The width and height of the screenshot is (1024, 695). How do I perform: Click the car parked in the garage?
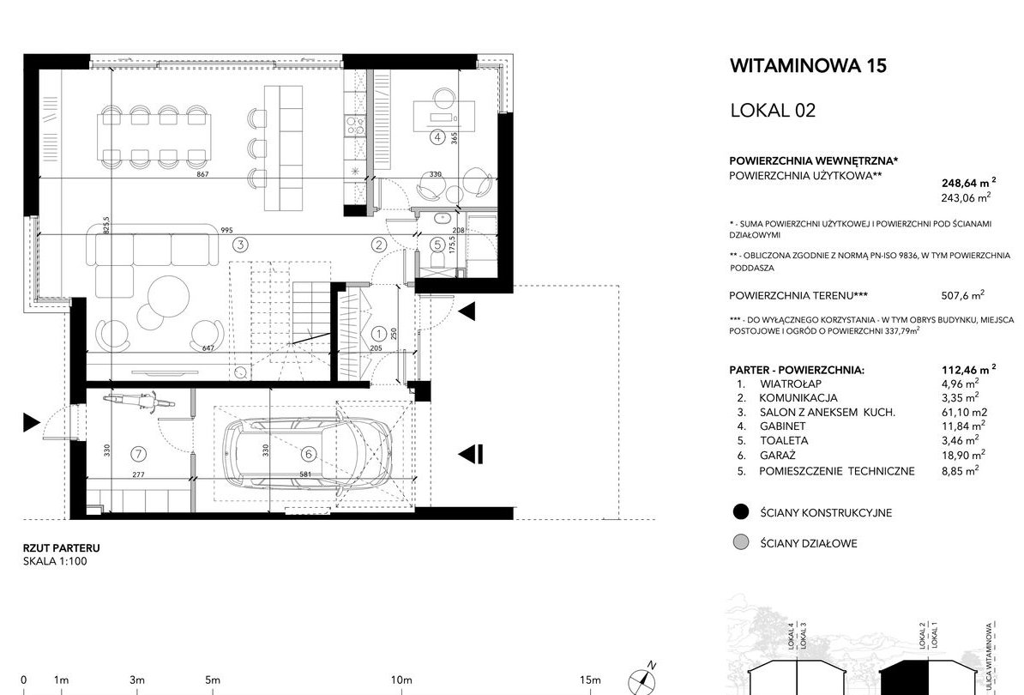308,453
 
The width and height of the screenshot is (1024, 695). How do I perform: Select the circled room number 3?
241,245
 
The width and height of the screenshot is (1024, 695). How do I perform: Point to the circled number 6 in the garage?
308,453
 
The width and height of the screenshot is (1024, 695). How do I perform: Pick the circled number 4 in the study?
437,137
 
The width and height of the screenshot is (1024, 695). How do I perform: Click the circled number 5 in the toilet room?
438,245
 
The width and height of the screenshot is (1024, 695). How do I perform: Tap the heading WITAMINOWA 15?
808,65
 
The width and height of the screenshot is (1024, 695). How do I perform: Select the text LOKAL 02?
773,110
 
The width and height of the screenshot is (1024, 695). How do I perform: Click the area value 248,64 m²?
969,182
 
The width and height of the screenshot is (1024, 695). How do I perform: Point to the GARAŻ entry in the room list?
777,456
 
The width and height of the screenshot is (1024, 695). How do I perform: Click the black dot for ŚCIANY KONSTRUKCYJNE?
741,512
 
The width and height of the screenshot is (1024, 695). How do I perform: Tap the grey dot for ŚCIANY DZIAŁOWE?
741,542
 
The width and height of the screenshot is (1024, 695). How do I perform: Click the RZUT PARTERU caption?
62,548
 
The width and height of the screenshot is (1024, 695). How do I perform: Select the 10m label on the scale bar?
401,680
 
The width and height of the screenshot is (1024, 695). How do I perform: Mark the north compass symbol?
642,680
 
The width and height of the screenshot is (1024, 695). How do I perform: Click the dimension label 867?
202,174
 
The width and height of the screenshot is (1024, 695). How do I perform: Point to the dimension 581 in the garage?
305,474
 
